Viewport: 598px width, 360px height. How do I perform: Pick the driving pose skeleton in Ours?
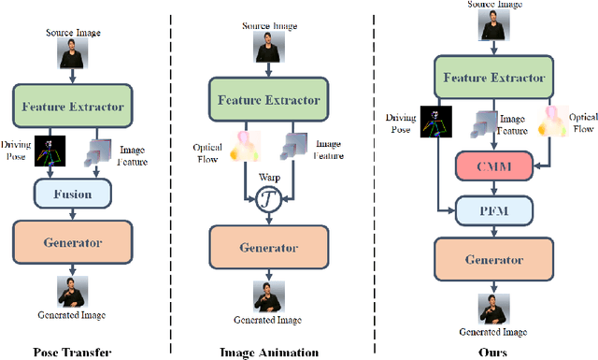coord(433,121)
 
